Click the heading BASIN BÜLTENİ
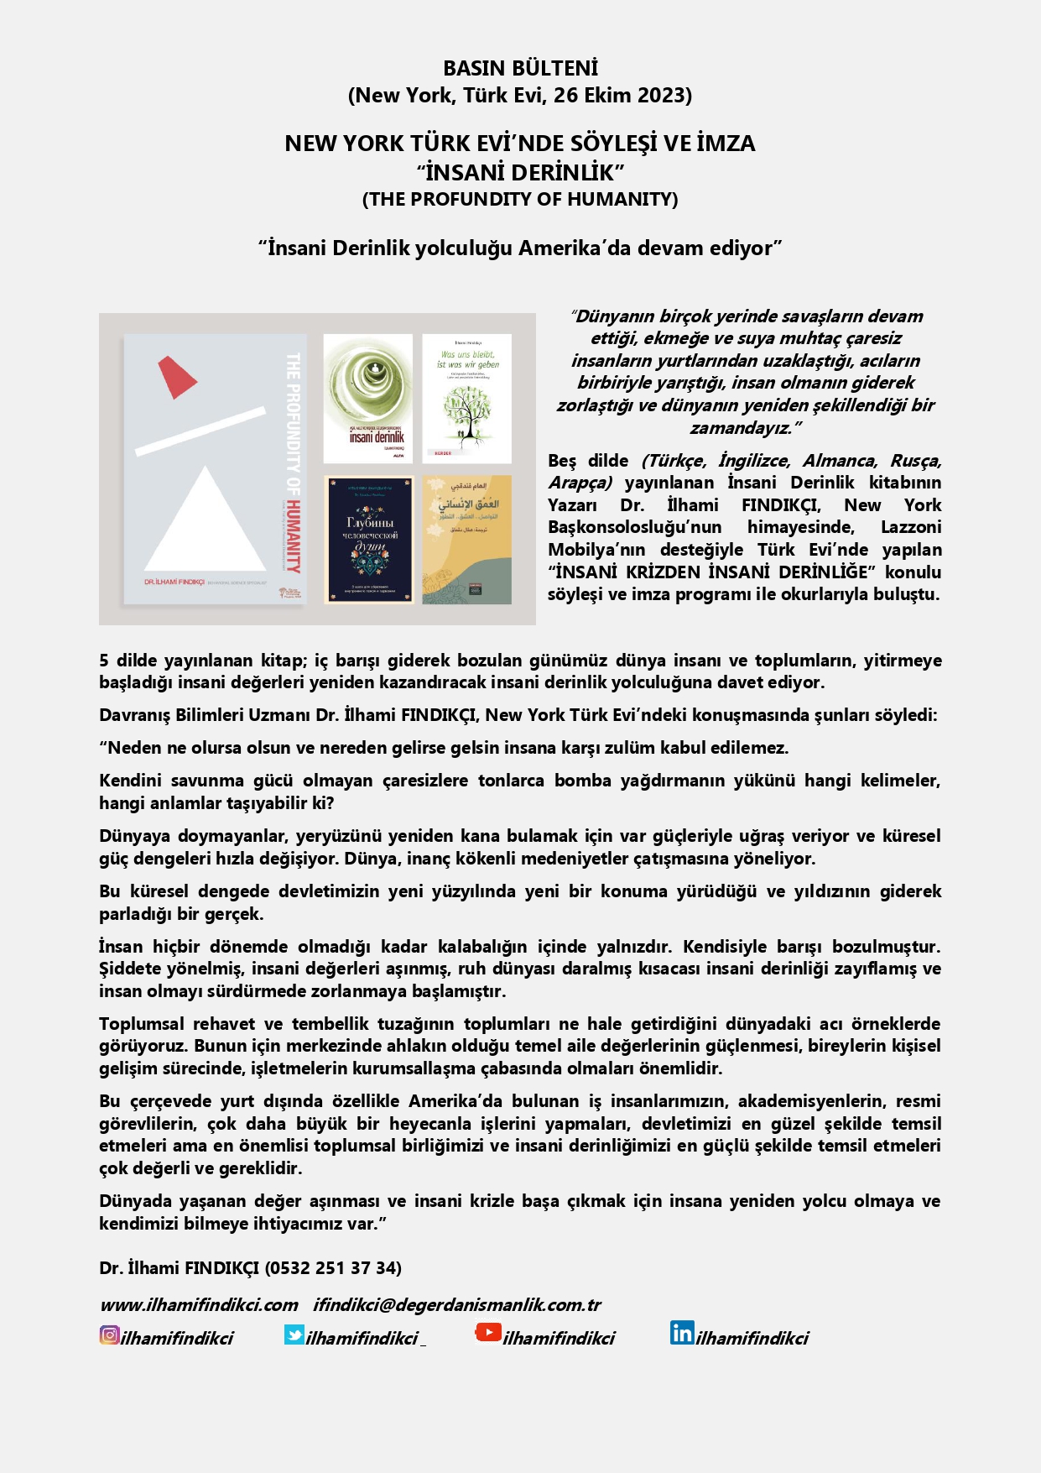(x=520, y=68)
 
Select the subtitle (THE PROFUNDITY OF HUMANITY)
(x=520, y=199)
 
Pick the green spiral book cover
(x=368, y=398)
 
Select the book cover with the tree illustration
(x=466, y=398)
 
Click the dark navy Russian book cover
(x=369, y=540)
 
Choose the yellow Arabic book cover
(x=467, y=540)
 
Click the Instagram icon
(x=109, y=1335)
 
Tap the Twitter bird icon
(x=294, y=1335)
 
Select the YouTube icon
(x=488, y=1332)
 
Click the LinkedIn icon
(x=681, y=1333)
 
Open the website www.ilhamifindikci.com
(x=199, y=1305)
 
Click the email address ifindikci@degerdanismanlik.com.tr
(x=457, y=1305)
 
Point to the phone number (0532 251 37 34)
(x=333, y=1267)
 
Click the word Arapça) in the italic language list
(x=580, y=483)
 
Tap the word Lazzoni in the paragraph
(x=911, y=527)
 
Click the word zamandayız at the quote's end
(x=739, y=428)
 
